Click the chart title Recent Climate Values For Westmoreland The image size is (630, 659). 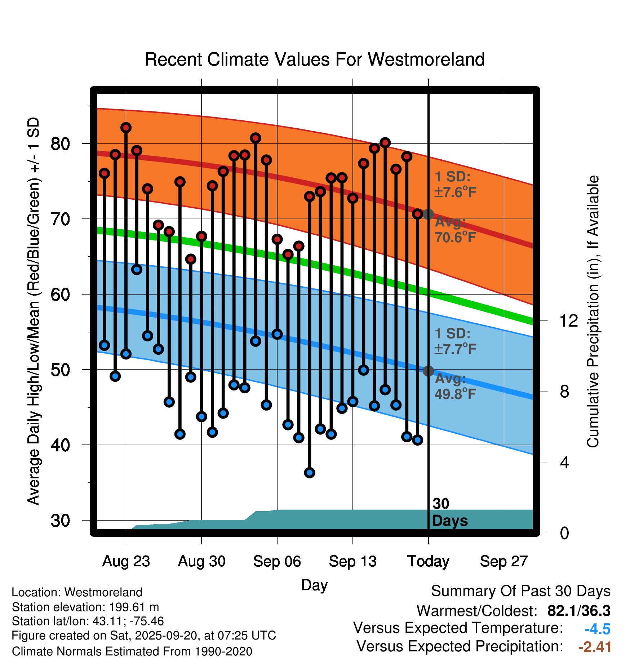pyautogui.click(x=314, y=59)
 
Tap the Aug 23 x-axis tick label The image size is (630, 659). pyautogui.click(x=126, y=561)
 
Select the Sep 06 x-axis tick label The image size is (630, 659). pyautogui.click(x=277, y=561)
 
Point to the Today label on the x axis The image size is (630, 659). pyautogui.click(x=428, y=561)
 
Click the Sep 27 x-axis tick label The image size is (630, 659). pyautogui.click(x=503, y=561)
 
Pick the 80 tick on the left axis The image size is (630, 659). pyautogui.click(x=60, y=144)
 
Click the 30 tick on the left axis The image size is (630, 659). pyautogui.click(x=60, y=521)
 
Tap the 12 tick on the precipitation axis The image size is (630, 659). pyautogui.click(x=568, y=320)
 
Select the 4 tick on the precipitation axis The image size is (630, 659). pyautogui.click(x=564, y=462)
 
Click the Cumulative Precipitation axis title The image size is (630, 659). pyautogui.click(x=593, y=312)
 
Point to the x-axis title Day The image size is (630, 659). pyautogui.click(x=314, y=585)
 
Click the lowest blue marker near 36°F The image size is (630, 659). pyautogui.click(x=310, y=473)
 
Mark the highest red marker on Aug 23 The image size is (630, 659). pyautogui.click(x=126, y=128)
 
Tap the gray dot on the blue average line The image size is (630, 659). pyautogui.click(x=428, y=371)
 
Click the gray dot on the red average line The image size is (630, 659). pyautogui.click(x=428, y=214)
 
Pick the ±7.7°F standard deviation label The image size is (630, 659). pyautogui.click(x=456, y=349)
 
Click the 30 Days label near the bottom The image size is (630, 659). pyautogui.click(x=449, y=512)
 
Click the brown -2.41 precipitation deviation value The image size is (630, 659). pyautogui.click(x=595, y=647)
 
